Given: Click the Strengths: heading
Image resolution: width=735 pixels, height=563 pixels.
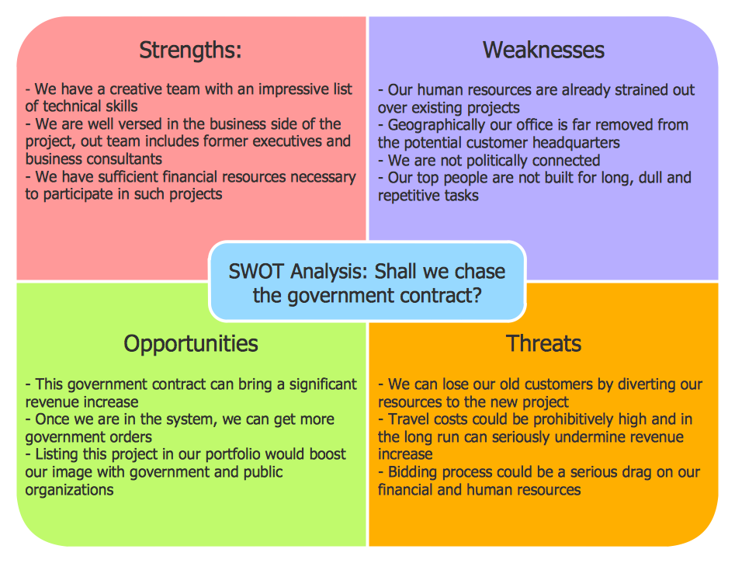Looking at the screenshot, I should (190, 50).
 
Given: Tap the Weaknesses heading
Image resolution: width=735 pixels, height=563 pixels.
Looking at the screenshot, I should (543, 50).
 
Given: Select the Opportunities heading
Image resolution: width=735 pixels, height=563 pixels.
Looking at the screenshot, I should (191, 343).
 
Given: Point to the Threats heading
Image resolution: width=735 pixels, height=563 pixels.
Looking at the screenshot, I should (543, 343).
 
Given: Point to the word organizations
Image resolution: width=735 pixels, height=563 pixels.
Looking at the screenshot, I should (69, 489).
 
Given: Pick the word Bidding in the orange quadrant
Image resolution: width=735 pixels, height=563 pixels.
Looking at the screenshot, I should (414, 472).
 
